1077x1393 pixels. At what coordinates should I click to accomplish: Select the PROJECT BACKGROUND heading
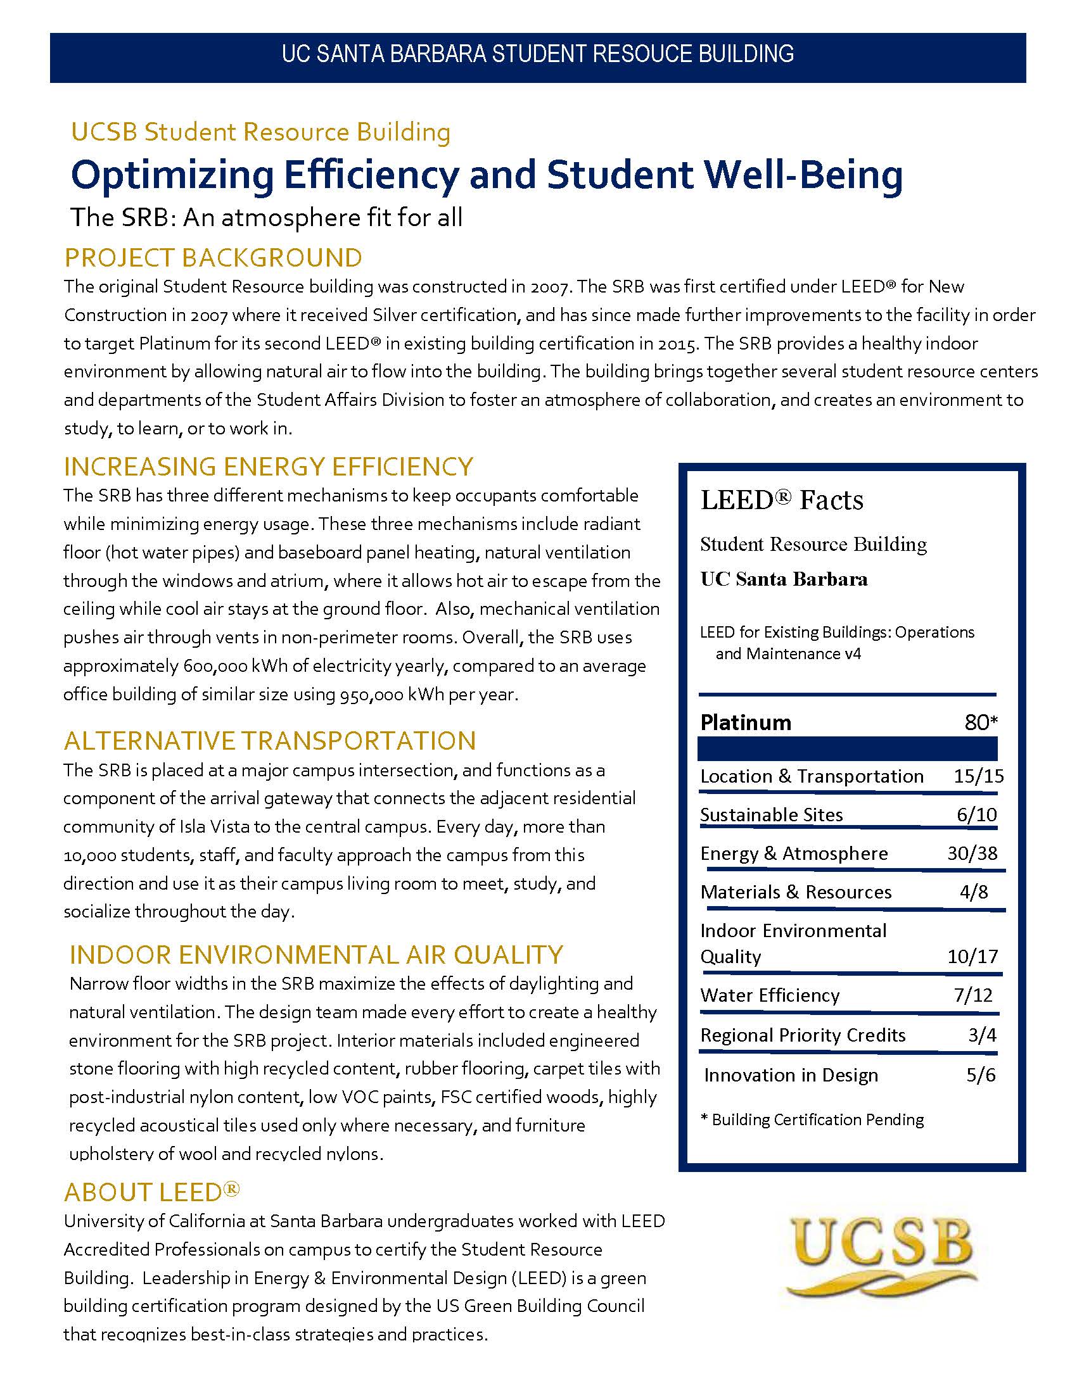(213, 258)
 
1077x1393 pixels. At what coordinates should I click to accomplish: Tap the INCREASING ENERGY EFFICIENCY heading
(268, 466)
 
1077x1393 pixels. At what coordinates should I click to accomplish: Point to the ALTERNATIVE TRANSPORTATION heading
(270, 741)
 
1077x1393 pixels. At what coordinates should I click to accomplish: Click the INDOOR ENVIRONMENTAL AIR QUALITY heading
(317, 955)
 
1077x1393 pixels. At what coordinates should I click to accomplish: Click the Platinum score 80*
(981, 722)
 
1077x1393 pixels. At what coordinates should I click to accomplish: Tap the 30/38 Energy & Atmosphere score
(972, 854)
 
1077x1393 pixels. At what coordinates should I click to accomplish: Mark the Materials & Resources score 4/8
(974, 892)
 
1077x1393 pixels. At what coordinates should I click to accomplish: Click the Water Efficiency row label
(770, 995)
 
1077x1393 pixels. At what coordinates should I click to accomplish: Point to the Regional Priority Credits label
(803, 1035)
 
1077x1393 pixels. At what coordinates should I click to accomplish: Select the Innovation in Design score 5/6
(981, 1075)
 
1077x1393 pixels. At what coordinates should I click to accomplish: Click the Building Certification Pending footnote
(812, 1119)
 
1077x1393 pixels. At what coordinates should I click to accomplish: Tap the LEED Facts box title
(782, 500)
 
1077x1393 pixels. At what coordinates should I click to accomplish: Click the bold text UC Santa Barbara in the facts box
(784, 579)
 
